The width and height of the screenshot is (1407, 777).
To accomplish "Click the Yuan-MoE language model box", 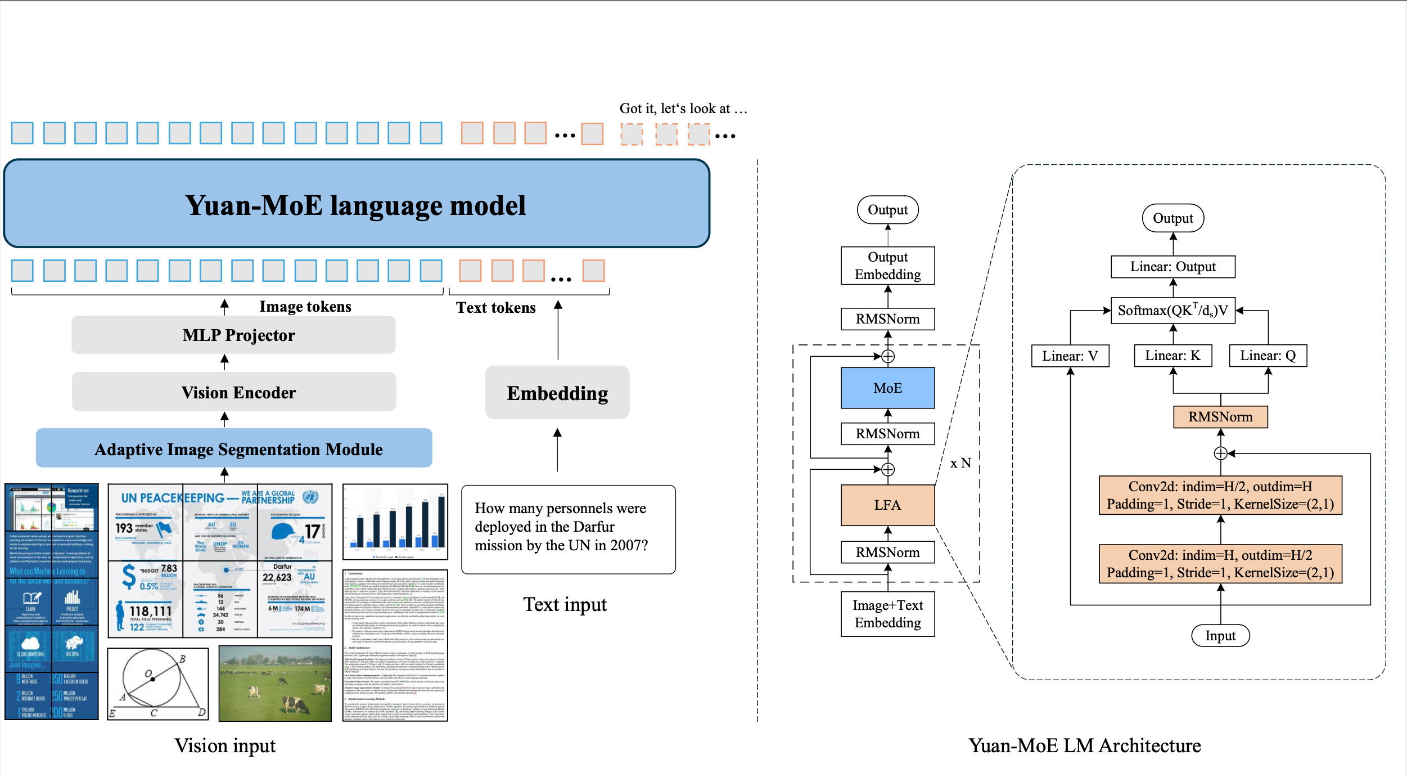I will [356, 204].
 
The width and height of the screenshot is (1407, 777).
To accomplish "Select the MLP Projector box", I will [233, 335].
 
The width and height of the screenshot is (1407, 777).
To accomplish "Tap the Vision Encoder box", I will [233, 392].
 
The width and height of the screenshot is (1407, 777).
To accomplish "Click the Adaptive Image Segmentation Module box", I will [233, 448].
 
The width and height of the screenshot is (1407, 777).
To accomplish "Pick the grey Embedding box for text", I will [557, 393].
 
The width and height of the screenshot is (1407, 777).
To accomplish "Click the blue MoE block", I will [887, 388].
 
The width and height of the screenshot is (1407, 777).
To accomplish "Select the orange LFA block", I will [887, 505].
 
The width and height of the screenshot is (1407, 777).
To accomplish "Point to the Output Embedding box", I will [887, 266].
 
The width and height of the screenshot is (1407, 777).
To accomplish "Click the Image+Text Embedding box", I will [887, 614].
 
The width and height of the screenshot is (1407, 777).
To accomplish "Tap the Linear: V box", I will [1070, 356].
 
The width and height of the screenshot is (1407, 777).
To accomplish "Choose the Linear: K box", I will [1172, 356].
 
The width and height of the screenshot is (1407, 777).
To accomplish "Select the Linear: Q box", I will [1268, 356].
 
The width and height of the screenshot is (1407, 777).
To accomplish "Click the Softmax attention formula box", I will [1172, 311].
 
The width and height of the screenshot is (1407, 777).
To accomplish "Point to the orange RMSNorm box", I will [1220, 417].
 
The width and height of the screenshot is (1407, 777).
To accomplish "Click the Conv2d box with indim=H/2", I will [1220, 495].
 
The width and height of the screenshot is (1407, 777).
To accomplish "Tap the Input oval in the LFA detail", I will [1220, 636].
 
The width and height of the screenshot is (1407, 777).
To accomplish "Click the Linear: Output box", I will [1172, 267].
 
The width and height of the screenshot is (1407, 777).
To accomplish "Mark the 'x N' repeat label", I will [960, 463].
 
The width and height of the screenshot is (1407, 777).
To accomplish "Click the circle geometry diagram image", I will [158, 684].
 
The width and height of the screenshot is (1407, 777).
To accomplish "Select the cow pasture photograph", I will [275, 684].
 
